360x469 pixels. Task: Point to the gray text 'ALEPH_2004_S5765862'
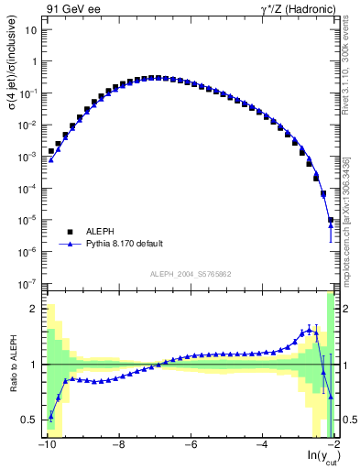click(191, 273)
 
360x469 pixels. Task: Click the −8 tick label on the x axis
click(117, 446)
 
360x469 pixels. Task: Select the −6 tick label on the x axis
click(190, 446)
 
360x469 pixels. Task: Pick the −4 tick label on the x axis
click(262, 446)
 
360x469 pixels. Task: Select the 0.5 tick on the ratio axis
click(32, 420)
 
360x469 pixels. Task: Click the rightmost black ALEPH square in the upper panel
click(331, 221)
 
